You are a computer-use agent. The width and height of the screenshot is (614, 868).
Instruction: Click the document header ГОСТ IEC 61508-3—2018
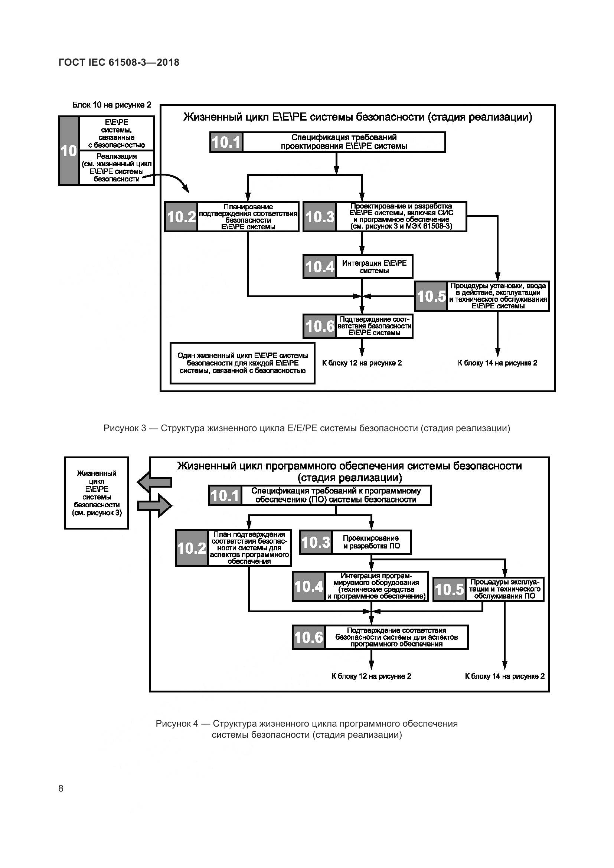point(119,62)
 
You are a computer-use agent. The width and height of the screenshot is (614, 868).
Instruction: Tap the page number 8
point(61,788)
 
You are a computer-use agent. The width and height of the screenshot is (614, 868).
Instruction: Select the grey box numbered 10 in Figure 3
point(68,151)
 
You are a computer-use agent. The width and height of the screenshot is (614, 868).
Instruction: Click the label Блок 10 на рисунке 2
point(111,105)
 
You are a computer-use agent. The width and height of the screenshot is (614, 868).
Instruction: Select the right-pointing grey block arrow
point(154,505)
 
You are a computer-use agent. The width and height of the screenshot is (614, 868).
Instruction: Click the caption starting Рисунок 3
point(307,428)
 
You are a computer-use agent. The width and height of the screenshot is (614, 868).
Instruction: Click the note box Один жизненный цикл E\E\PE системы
point(242,363)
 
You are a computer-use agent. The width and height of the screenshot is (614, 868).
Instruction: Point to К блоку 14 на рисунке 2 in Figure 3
point(497,363)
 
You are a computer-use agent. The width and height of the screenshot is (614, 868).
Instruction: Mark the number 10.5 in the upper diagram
point(431,297)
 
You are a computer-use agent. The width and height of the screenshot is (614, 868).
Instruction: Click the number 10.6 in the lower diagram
point(308,638)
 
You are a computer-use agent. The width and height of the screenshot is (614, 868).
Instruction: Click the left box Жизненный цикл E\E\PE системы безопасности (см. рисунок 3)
point(97,493)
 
